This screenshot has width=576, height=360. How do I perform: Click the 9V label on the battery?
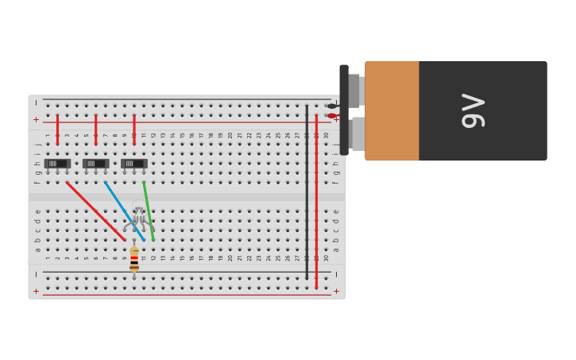474,110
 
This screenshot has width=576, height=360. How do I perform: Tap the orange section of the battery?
392,110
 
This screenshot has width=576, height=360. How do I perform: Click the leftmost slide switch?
57,164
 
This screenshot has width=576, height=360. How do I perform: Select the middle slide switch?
95,164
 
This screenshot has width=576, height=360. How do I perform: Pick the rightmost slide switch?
133,164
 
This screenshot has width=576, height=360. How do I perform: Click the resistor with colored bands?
134,259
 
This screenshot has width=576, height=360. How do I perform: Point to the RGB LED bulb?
139,216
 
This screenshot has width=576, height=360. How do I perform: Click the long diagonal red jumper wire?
95,211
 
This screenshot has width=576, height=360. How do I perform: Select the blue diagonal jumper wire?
124,211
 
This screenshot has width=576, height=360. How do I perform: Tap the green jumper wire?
149,211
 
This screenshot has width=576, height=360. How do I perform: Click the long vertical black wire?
307,191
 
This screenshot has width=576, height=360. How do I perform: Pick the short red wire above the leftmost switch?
57,130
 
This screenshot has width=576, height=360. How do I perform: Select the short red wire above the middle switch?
95,130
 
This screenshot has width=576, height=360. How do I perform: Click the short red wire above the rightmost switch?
133,130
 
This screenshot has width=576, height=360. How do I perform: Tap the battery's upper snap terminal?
355,91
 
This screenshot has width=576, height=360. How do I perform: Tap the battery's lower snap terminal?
358,134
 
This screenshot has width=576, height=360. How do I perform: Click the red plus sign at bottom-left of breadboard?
36,291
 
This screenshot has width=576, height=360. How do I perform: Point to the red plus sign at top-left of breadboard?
36,119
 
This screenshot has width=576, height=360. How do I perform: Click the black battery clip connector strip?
344,110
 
